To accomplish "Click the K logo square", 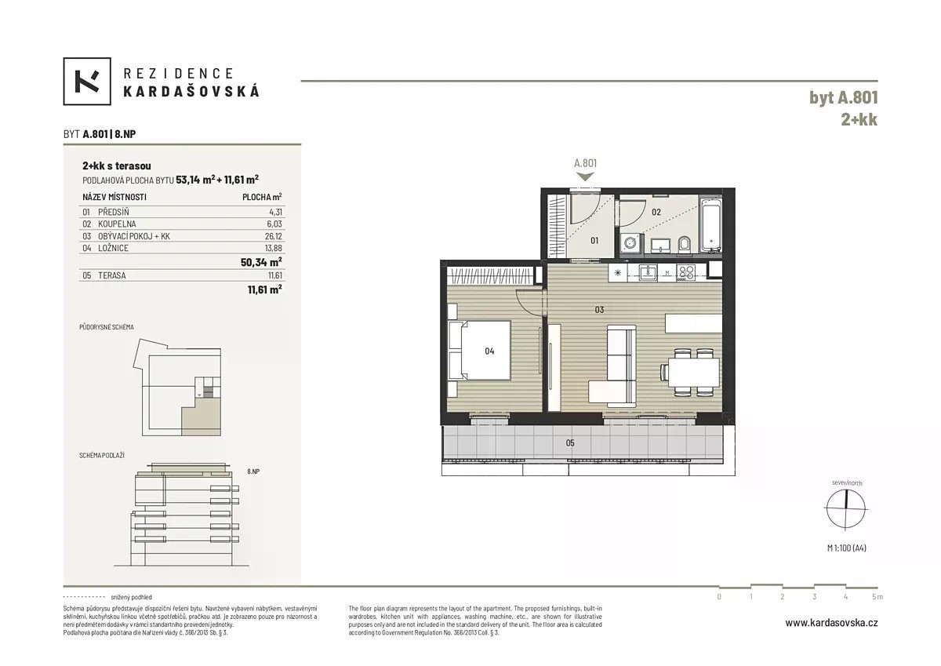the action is tap(87, 81).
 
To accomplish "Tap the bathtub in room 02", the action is tap(710, 225).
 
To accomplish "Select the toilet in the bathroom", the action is tap(685, 245).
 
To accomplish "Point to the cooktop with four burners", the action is tap(686, 273).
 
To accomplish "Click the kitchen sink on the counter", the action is tap(648, 272).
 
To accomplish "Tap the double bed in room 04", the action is tap(480, 351).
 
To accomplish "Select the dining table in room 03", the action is tap(694, 372).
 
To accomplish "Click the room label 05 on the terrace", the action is tap(570, 443).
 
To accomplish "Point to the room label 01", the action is tap(594, 240).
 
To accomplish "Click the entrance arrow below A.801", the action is tap(586, 177).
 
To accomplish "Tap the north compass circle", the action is tap(846, 508).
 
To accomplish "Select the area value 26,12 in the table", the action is tap(274, 236).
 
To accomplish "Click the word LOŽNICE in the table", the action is tap(113, 248).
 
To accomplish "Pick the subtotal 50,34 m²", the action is tap(261, 262).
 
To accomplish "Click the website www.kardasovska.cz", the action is tap(831, 623).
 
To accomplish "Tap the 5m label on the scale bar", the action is tap(877, 597).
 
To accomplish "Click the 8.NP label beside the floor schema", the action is tap(253, 471).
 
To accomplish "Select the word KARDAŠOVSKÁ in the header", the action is tap(191, 91).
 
